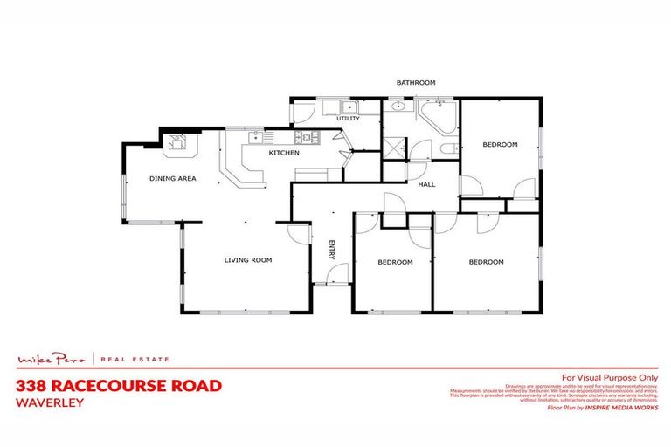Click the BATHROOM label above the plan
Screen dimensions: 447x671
point(415,83)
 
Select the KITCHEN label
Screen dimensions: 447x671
point(284,153)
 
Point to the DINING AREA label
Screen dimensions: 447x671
point(172,178)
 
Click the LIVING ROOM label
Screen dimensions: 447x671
point(247,259)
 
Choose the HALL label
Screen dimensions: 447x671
point(426,184)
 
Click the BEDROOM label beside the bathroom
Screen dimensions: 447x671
point(500,144)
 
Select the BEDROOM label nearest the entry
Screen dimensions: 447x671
point(395,262)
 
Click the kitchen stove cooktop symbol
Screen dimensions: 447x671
point(306,137)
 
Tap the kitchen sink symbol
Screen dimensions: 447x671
point(256,137)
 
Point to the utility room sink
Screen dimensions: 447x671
point(349,107)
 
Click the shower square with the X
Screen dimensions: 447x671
point(395,147)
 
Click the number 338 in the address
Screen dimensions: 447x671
point(32,385)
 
